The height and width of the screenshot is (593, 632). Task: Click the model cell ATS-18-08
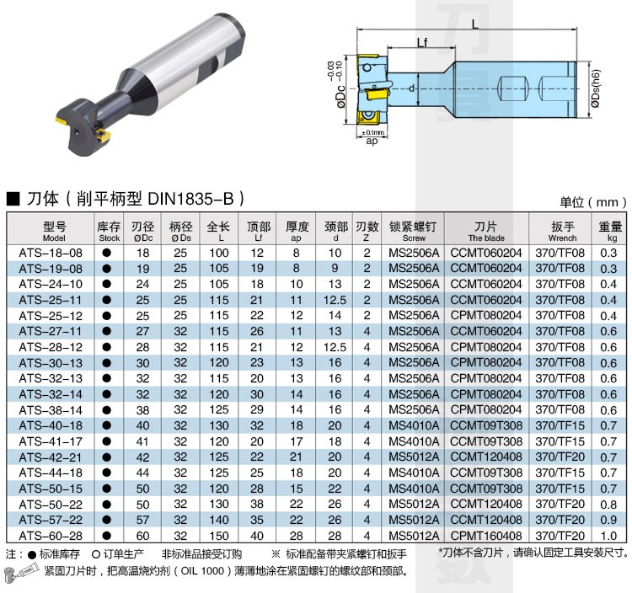click(x=51, y=253)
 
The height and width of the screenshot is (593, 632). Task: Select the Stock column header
click(x=109, y=232)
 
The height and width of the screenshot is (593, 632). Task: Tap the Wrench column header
click(x=562, y=232)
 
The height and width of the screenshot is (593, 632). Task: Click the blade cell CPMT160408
click(x=486, y=536)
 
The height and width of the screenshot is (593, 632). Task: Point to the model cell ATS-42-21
click(x=51, y=457)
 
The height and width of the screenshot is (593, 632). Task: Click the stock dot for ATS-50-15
click(x=107, y=489)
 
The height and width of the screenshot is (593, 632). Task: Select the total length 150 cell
click(x=219, y=536)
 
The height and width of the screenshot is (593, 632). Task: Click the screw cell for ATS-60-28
click(x=414, y=536)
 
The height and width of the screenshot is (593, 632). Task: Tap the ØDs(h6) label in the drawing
click(x=596, y=88)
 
